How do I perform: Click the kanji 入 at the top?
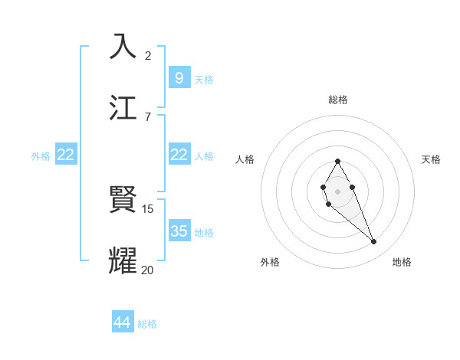coord(123,46)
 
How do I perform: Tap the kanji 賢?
coord(123,200)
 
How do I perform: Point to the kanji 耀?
coord(123,260)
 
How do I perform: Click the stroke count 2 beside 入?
coord(148,55)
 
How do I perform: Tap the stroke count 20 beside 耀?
coord(148,270)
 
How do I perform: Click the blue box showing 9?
coord(179,78)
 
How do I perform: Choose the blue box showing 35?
coord(179,231)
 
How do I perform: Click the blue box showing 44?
coord(123,322)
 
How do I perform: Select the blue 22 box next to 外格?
coord(66,155)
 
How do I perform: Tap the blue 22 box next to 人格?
coord(179,155)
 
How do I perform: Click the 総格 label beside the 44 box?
coord(147,324)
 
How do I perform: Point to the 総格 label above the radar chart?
coord(338,100)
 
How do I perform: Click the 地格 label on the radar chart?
coord(402,262)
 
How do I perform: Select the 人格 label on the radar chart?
coord(245,159)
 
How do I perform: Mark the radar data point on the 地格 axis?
coord(373,241)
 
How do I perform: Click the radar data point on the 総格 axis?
coord(337,162)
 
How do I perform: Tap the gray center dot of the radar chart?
coord(337,190)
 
